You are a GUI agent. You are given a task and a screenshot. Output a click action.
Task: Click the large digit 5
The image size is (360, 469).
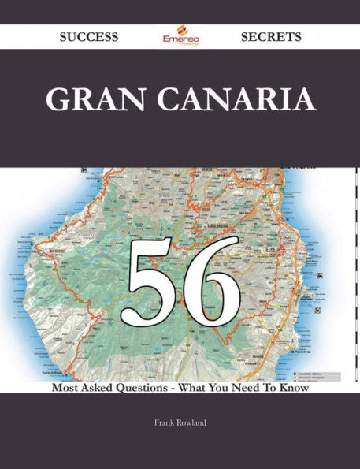149,275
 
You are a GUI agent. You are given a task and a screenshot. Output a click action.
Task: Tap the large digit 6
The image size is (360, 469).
209,275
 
